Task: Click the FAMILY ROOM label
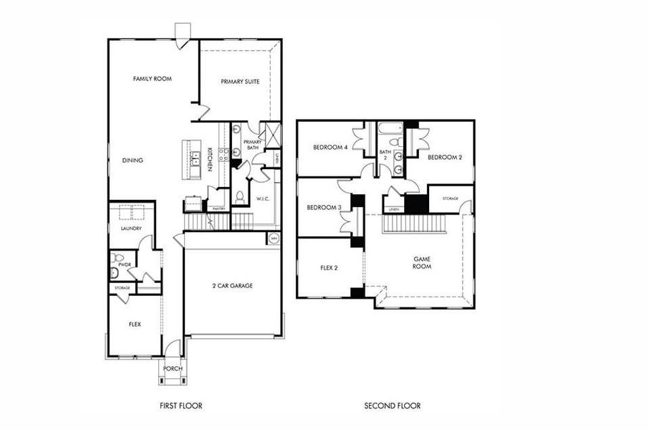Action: point(153,78)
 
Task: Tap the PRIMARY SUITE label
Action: point(240,82)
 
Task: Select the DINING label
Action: point(133,161)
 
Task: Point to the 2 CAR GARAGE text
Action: point(232,286)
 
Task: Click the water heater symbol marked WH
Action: point(273,239)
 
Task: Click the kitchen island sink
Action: point(194,160)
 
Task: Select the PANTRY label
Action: point(219,209)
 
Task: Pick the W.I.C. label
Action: point(261,199)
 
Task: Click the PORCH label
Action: point(173,369)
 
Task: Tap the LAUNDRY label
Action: point(131,229)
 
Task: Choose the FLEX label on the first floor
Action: point(135,324)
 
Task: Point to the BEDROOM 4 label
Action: point(330,148)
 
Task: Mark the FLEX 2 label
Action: point(330,269)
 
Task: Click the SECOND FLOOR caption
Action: point(392,406)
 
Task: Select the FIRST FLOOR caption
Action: point(181,406)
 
